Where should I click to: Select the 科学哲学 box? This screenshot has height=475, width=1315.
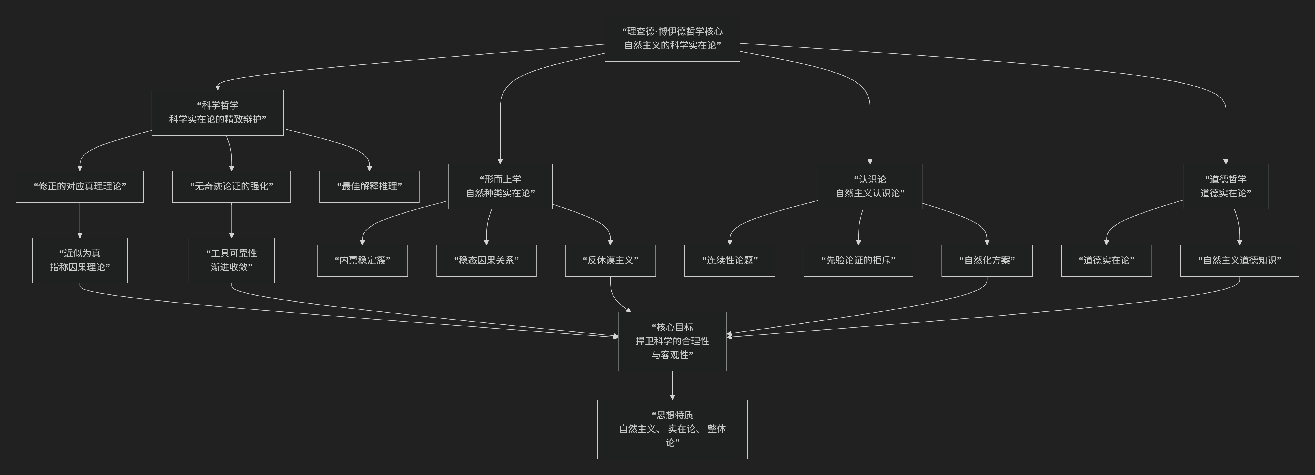tap(217, 112)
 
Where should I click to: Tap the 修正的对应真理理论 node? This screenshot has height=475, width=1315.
tap(80, 186)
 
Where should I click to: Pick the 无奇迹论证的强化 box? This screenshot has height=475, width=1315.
tap(231, 186)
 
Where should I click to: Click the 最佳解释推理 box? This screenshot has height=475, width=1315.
tap(369, 186)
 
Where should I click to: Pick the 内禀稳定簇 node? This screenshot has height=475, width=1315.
tap(362, 261)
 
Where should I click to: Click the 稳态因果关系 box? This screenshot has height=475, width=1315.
tap(486, 261)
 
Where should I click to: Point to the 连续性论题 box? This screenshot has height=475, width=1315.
tap(730, 261)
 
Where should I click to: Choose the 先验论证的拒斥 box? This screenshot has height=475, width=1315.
tap(858, 261)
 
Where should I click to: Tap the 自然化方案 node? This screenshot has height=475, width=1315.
tap(987, 261)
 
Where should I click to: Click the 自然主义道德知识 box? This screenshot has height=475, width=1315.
tap(1239, 261)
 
